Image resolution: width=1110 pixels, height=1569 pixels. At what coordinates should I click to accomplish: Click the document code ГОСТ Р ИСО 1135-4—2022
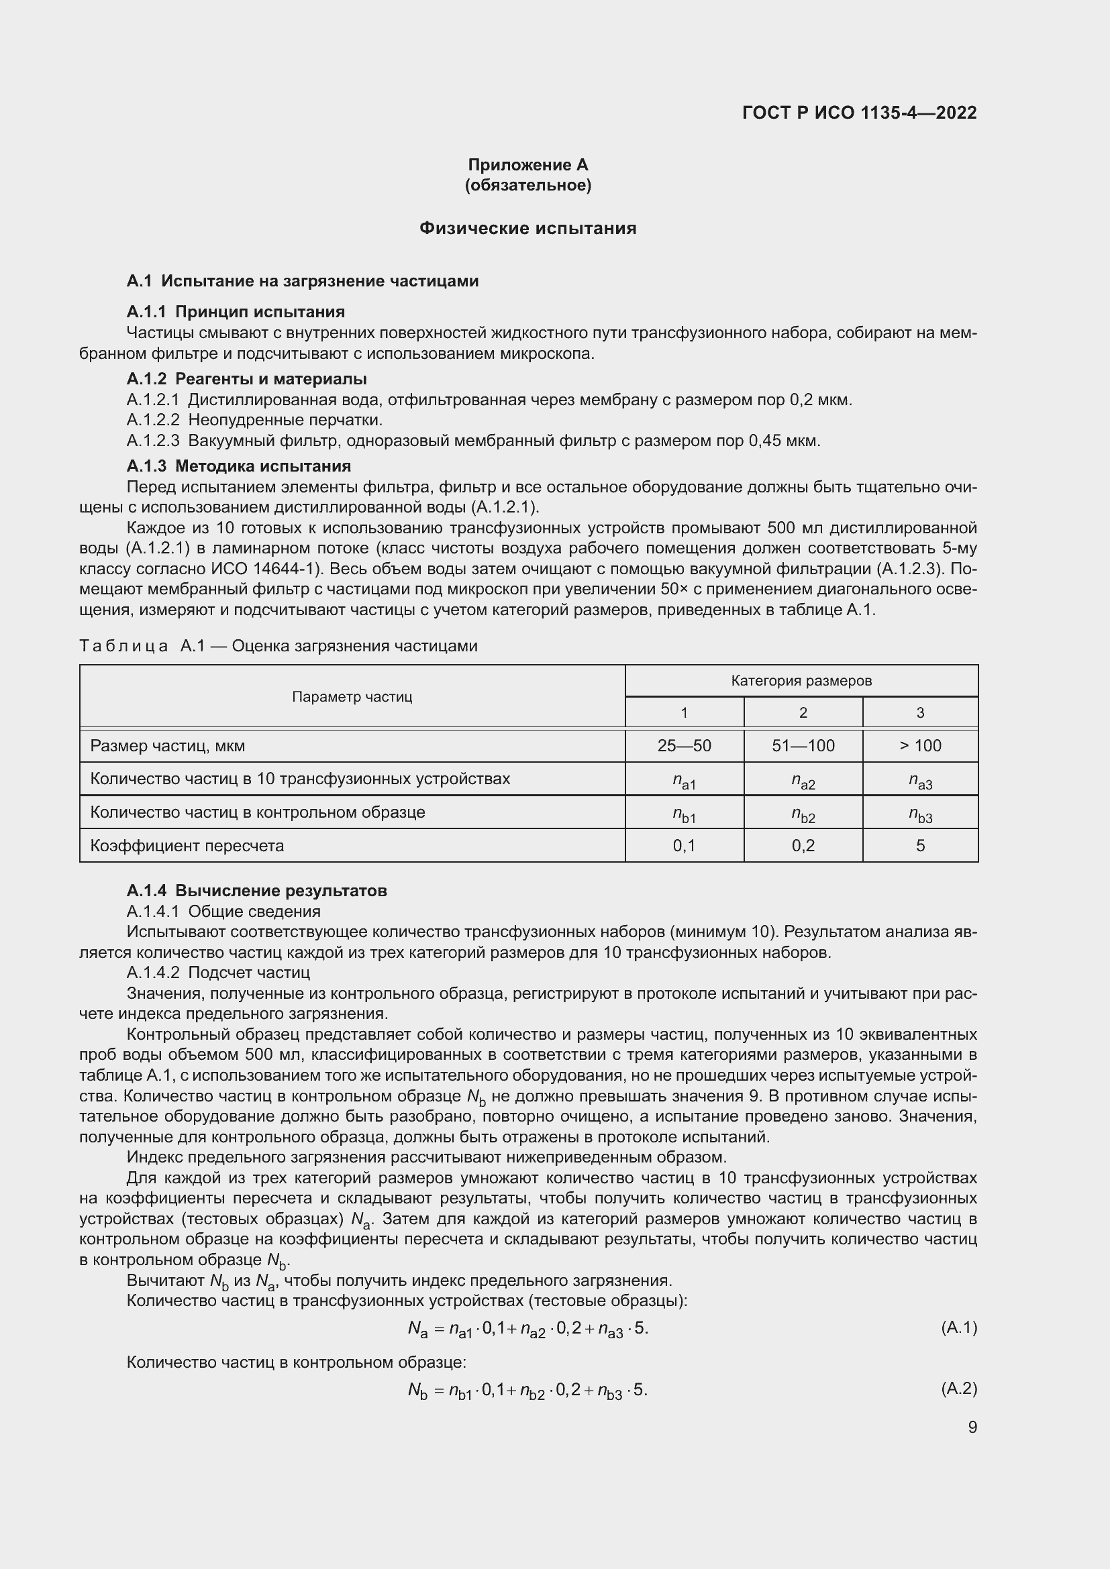coord(859,113)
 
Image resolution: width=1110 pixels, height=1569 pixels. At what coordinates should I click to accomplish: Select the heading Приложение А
coord(527,165)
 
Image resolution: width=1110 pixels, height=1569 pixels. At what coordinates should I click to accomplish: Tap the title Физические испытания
coord(527,228)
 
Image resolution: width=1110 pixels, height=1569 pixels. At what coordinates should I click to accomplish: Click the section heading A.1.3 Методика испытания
coord(238,466)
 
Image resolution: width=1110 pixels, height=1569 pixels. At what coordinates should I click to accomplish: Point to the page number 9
coord(972,1427)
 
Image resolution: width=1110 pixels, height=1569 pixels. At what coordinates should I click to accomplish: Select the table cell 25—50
coord(684,745)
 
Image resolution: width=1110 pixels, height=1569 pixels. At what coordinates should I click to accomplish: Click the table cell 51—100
coord(803,745)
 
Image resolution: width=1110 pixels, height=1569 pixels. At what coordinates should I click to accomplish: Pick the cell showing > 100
coord(920,745)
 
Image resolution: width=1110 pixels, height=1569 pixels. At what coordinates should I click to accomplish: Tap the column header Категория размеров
coord(801,681)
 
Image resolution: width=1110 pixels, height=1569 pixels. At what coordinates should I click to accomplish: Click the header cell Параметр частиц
coord(352,696)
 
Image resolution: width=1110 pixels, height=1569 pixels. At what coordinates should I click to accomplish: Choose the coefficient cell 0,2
coord(803,845)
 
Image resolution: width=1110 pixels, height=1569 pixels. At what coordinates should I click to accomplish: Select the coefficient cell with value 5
coord(920,845)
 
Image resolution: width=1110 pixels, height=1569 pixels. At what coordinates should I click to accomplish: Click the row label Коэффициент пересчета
coord(187,845)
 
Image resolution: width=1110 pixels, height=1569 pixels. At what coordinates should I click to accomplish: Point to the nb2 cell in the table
coord(803,814)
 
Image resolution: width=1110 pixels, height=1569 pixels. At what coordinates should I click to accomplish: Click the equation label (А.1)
coord(959,1328)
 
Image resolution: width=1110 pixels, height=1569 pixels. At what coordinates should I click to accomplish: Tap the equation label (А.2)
coord(959,1389)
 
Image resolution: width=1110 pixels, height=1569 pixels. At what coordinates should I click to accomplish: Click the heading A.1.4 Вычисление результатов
coord(256,890)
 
